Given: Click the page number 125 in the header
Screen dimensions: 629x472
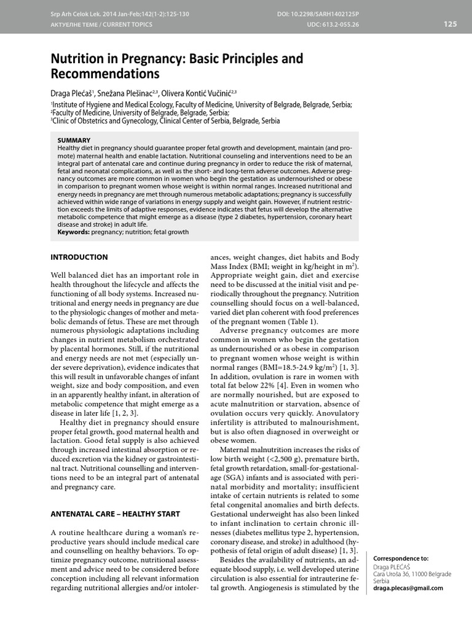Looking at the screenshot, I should [450, 24].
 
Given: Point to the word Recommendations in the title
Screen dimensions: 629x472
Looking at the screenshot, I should [104, 74].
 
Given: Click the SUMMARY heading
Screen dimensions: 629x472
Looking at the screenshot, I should [74, 140].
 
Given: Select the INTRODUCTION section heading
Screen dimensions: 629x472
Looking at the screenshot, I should [79, 257].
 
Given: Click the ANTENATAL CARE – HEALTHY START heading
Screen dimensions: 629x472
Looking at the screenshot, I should [115, 514].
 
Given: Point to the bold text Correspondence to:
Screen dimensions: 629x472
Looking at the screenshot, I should [401, 558].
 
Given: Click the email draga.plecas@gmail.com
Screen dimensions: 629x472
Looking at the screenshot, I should [407, 588].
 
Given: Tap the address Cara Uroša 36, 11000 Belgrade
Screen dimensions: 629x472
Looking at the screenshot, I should [412, 574].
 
